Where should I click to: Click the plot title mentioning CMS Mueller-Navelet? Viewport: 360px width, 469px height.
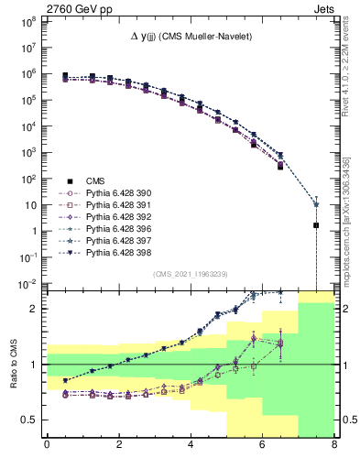click(x=189, y=37)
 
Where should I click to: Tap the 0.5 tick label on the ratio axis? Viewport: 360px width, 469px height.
click(x=30, y=420)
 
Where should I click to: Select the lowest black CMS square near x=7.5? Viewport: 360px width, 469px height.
click(x=316, y=224)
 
